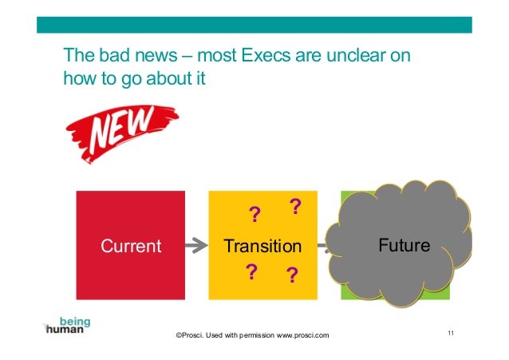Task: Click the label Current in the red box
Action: tap(130, 246)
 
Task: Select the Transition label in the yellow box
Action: tap(262, 246)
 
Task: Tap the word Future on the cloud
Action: tap(404, 245)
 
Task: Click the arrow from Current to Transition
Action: tap(196, 246)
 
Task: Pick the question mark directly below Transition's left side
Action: tap(251, 272)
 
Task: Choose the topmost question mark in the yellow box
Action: tap(294, 208)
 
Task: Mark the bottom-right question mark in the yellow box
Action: tap(291, 276)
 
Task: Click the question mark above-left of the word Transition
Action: tap(254, 216)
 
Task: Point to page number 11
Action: tap(451, 332)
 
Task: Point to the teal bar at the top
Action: tap(254, 25)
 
